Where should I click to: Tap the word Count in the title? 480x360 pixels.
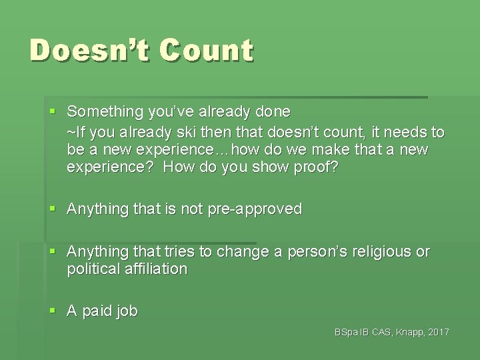tap(207, 51)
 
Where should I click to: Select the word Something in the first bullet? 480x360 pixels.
tap(109, 111)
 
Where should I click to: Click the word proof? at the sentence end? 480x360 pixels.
tap(315, 167)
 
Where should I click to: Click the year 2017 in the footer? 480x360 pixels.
tap(438, 332)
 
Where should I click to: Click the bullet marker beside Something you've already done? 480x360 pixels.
tap(53, 111)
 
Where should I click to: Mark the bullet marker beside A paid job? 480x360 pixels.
tap(53, 311)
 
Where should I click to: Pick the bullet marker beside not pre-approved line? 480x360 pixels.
tap(53, 209)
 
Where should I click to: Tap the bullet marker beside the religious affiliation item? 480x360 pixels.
tap(53, 251)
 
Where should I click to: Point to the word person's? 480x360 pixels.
tap(318, 251)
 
